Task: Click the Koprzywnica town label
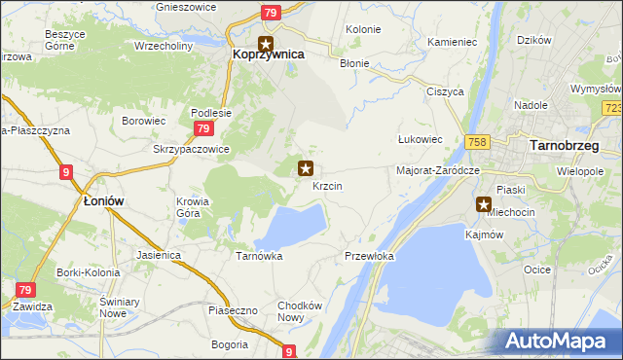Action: click(x=269, y=55)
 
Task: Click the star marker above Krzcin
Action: click(x=306, y=168)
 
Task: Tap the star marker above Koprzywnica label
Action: click(x=266, y=43)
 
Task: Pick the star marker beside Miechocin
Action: click(x=484, y=204)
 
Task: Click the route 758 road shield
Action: click(x=477, y=142)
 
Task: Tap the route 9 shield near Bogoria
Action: click(x=289, y=351)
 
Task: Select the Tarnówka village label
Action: click(x=259, y=256)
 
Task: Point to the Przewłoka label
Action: click(x=369, y=256)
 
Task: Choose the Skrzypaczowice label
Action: click(x=191, y=149)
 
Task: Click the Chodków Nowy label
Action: click(x=299, y=311)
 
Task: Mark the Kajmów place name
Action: click(x=484, y=234)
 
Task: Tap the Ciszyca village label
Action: click(x=443, y=91)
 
